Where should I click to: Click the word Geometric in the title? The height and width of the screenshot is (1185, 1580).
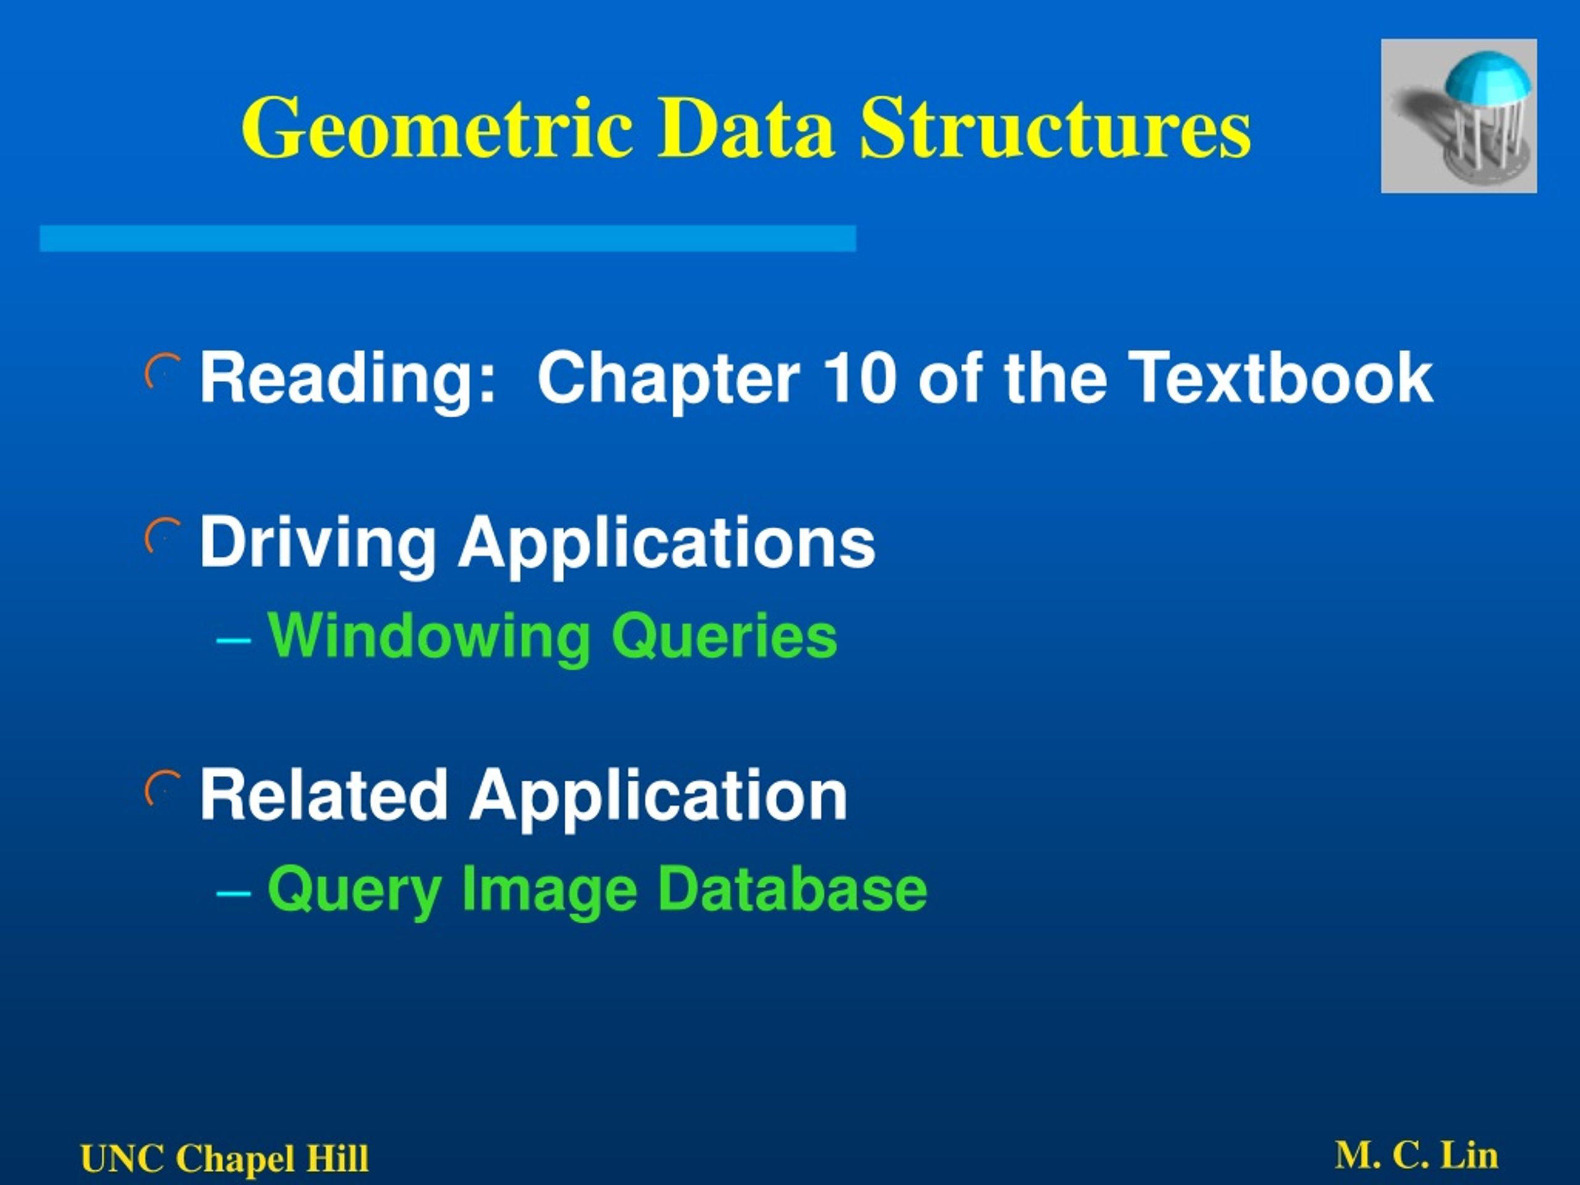437,128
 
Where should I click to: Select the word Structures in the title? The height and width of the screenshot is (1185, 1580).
1055,128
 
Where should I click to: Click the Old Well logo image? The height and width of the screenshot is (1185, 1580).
1458,115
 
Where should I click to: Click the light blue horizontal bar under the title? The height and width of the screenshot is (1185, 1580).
448,239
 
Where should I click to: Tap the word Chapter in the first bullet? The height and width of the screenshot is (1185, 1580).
668,378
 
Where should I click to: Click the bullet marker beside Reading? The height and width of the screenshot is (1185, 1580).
162,372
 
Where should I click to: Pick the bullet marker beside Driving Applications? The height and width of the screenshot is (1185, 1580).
162,536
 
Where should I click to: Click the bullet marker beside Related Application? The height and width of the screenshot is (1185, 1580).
162,789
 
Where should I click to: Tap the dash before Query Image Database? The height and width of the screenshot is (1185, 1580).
233,893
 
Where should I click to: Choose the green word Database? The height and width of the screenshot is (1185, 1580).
791,889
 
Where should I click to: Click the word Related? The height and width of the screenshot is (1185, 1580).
323,795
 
